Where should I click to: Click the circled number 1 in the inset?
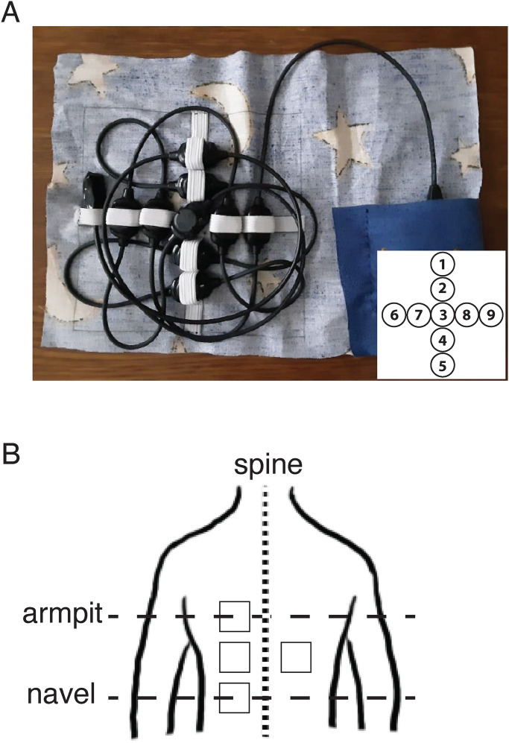point(442,264)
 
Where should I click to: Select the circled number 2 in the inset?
point(442,289)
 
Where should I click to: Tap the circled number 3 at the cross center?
point(442,315)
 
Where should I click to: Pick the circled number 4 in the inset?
point(442,341)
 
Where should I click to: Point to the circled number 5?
point(442,366)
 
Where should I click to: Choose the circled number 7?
point(417,315)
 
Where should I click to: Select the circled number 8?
point(467,315)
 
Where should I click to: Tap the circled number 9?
point(490,315)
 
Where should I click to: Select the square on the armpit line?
point(234,616)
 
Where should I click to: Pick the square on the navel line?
point(234,696)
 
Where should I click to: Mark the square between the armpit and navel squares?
point(234,657)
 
